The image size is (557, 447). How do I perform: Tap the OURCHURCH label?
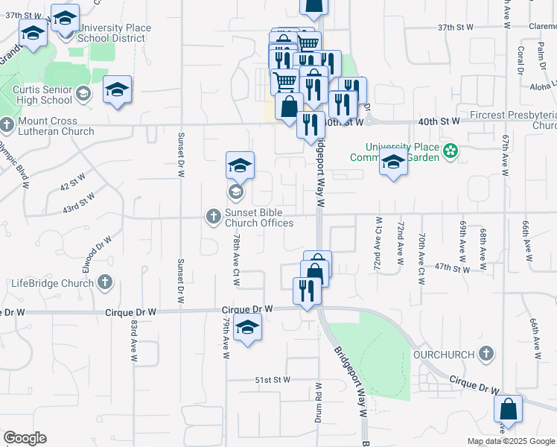(444, 354)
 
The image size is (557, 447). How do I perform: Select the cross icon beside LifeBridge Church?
(105, 282)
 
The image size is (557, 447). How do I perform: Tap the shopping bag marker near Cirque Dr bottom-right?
(508, 409)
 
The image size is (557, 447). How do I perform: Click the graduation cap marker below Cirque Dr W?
(247, 328)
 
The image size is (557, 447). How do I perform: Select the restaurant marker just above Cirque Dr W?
(307, 290)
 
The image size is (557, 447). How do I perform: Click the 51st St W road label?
(273, 380)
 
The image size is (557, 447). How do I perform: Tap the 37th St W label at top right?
(456, 27)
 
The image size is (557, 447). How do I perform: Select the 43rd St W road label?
(80, 203)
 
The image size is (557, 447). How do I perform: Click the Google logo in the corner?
(25, 438)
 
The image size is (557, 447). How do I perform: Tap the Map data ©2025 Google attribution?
(510, 441)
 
